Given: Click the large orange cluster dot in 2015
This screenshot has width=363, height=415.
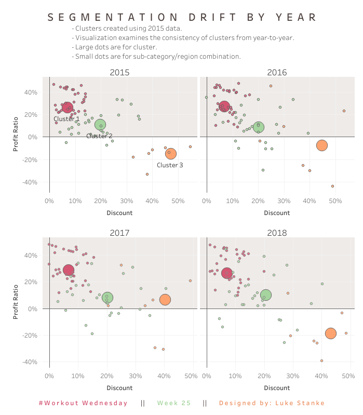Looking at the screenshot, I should pos(171,153).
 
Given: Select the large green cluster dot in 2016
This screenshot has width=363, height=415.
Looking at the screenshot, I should pos(258,127).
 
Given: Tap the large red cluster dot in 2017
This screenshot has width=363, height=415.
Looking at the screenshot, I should pos(69,270).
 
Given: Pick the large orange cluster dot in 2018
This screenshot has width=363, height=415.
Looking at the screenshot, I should pos(331,333).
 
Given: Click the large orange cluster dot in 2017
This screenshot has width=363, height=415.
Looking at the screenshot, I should pos(165,300).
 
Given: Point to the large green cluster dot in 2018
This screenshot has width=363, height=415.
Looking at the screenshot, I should pos(265,295).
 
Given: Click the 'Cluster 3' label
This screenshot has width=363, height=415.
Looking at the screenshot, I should pos(170,165).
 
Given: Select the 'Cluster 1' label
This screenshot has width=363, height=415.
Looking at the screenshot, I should pos(66,119).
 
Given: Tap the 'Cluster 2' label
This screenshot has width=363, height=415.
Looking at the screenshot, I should pos(99,136).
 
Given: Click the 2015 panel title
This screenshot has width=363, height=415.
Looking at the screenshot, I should pos(119,72).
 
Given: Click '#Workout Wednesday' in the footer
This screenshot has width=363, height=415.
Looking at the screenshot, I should pos(83,403).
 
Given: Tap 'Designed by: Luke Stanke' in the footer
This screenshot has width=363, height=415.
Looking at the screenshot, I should pos(272,403).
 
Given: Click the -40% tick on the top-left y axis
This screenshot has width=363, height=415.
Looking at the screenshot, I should pos(29,182).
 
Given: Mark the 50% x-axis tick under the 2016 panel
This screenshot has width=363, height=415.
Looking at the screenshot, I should pos(335,201).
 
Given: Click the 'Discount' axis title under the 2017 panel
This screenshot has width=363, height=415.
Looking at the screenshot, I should pos(119,387).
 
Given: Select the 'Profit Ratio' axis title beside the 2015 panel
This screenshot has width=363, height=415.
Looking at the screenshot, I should pos(17,137).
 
